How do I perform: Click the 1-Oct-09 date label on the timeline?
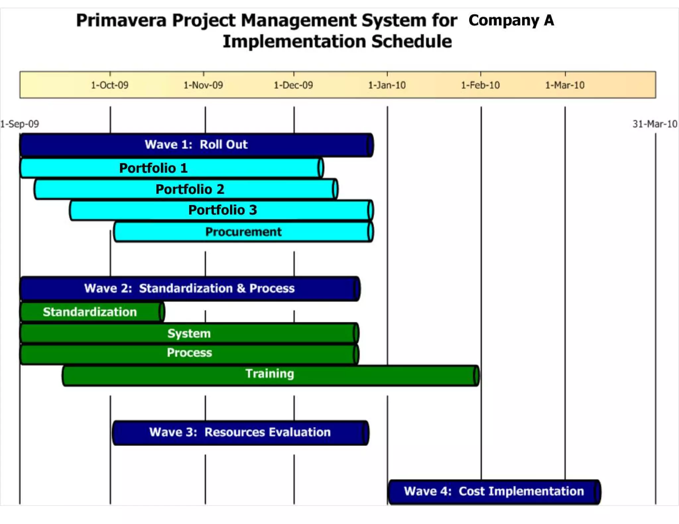tap(110, 85)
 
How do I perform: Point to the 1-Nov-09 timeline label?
tap(203, 85)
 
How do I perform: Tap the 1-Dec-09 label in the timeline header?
tap(293, 85)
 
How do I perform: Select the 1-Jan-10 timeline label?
tap(387, 85)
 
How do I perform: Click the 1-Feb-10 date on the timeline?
tap(480, 85)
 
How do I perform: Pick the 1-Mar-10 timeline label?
tap(565, 85)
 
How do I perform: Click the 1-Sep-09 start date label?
tap(20, 124)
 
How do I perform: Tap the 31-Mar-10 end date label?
tap(655, 124)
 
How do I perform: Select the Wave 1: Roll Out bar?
tap(196, 145)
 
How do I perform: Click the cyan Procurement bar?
tap(243, 232)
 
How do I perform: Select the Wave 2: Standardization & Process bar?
tap(190, 288)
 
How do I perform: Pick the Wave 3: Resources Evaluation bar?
tap(240, 433)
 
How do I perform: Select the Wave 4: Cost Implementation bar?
tap(494, 492)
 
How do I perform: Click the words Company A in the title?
tap(511, 20)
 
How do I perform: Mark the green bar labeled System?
tap(189, 333)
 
